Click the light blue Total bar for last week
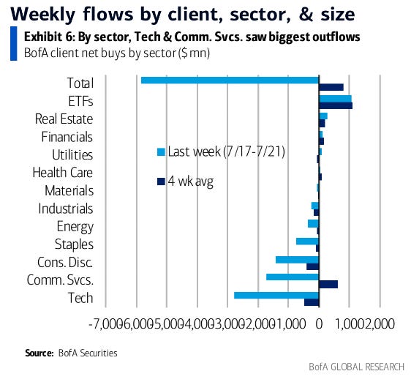[x=230, y=79]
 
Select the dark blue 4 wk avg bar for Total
[x=331, y=87]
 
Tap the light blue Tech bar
[x=276, y=294]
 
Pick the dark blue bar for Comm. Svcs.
[x=328, y=284]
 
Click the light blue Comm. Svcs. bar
[x=293, y=277]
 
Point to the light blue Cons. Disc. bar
[x=297, y=259]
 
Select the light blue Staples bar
[x=307, y=241]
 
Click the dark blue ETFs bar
[x=335, y=105]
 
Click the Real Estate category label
[x=64, y=119]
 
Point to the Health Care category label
[x=62, y=173]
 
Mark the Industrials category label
[x=66, y=209]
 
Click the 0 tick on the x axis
[x=319, y=321]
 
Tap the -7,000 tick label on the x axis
[x=105, y=321]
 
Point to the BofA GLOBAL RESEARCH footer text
[x=350, y=367]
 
